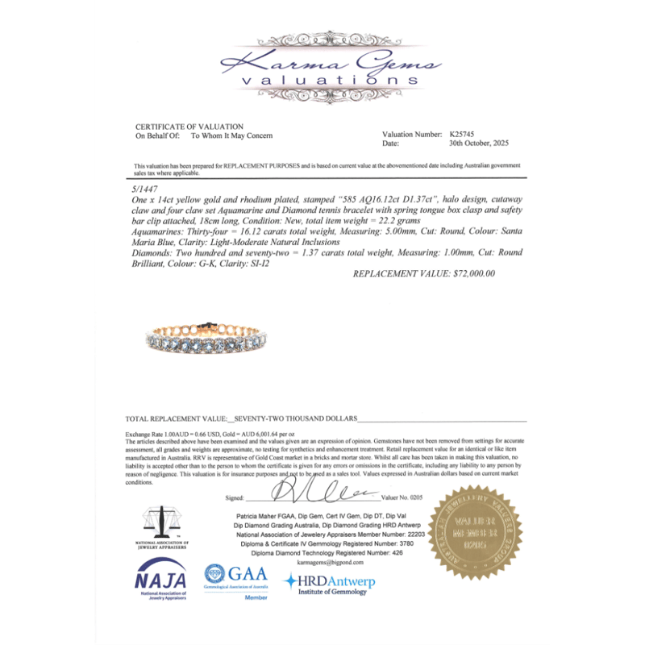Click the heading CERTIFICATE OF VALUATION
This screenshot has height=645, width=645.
(189, 127)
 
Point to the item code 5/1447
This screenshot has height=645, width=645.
(144, 185)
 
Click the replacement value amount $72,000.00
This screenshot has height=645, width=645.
(424, 273)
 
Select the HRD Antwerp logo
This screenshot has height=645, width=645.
(327, 582)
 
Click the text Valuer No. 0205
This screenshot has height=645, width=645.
(404, 498)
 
